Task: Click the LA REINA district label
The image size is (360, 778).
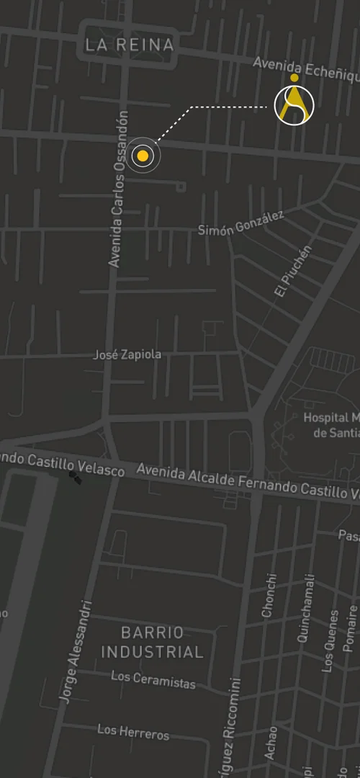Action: pos(130,45)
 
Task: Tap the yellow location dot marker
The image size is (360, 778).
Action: pos(143,156)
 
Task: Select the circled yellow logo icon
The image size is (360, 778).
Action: pos(294,105)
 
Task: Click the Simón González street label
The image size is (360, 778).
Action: pos(241,223)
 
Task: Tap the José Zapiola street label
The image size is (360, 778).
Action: pos(127,355)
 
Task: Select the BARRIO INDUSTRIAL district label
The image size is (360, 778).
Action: pos(152,643)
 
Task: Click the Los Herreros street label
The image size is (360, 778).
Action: pos(133,733)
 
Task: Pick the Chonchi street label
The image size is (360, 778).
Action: pos(269,595)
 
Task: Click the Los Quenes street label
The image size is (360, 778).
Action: pos(330,641)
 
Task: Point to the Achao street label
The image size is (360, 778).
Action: pos(271,741)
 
